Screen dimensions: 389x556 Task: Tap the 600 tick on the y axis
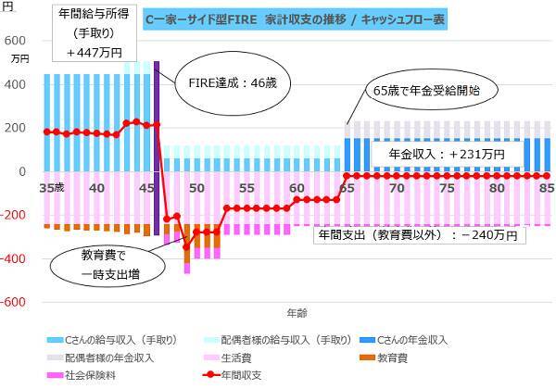coord(16,41)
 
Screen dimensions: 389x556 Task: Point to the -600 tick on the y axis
coord(16,302)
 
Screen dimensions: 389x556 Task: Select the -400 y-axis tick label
coord(16,258)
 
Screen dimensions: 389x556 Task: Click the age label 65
coord(347,187)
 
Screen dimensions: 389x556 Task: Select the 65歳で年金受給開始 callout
coord(429,91)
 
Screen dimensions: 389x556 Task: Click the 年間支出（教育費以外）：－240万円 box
coord(418,235)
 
